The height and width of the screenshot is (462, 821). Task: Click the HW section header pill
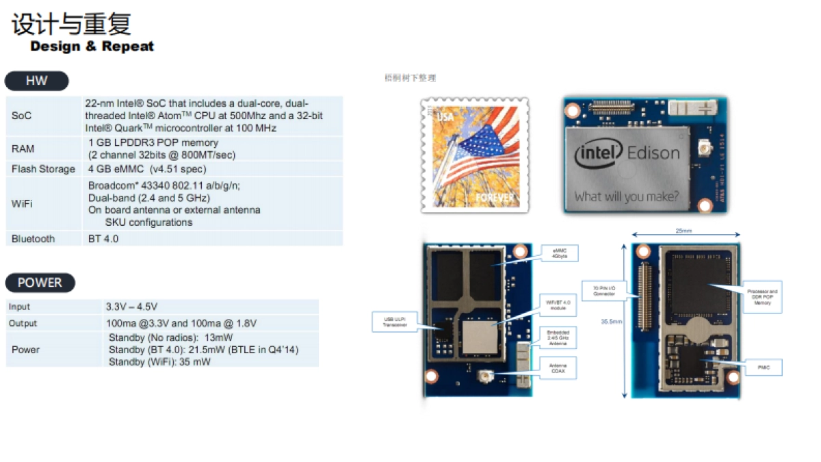(36, 81)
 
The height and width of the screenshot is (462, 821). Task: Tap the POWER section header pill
(40, 283)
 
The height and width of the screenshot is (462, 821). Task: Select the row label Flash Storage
(43, 169)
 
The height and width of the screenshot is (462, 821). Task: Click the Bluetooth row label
(33, 239)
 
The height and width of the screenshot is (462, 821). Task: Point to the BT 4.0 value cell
(103, 239)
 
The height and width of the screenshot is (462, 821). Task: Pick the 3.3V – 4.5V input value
(131, 307)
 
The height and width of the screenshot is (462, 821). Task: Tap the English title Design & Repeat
(92, 47)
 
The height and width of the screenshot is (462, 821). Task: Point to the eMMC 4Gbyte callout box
(560, 253)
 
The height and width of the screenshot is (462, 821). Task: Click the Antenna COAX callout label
(559, 368)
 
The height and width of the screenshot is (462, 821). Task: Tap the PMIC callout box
(762, 368)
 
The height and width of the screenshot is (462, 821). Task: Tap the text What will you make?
(626, 197)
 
